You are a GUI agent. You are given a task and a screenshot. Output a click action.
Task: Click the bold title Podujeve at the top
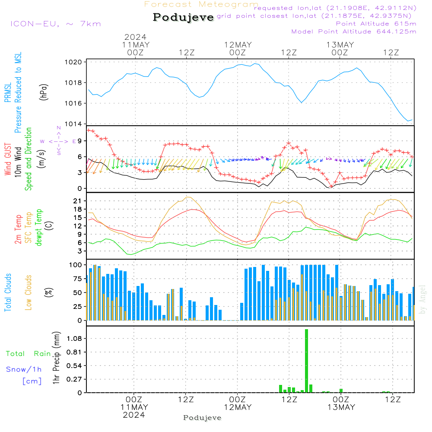pos(183,17)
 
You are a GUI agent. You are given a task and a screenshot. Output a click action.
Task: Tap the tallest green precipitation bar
pos(306,361)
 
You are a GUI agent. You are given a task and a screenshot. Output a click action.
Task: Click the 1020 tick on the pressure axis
pos(73,62)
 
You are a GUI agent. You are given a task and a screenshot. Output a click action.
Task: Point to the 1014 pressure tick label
pos(73,124)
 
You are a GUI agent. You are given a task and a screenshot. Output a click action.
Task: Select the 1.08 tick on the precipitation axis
pos(74,338)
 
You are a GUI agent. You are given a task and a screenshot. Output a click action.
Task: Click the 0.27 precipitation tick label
pos(74,379)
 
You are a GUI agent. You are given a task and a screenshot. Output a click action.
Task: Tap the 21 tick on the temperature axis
pos(77,201)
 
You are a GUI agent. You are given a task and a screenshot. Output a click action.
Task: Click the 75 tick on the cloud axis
pos(78,279)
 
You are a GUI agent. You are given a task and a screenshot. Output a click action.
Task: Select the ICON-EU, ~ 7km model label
pos(56,24)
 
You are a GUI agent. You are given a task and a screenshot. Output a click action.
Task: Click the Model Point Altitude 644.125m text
pos(354,32)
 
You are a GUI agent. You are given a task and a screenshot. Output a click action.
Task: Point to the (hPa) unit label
pos(44,92)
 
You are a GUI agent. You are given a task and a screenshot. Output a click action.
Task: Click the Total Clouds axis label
pos(8,292)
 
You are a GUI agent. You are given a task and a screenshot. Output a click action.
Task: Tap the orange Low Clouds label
pos(29,292)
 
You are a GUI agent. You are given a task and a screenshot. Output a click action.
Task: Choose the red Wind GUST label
pos(8,159)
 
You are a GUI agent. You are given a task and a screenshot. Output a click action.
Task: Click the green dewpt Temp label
pos(38,227)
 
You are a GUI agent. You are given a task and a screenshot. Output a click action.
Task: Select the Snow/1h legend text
pos(24,369)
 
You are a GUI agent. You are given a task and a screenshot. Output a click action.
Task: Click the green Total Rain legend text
pos(29,353)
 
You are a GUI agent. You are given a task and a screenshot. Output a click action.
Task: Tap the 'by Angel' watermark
pos(422,299)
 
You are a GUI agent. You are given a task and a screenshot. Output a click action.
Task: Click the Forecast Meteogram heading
pos(201,4)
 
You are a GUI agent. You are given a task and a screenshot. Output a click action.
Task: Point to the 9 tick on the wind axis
pos(80,141)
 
